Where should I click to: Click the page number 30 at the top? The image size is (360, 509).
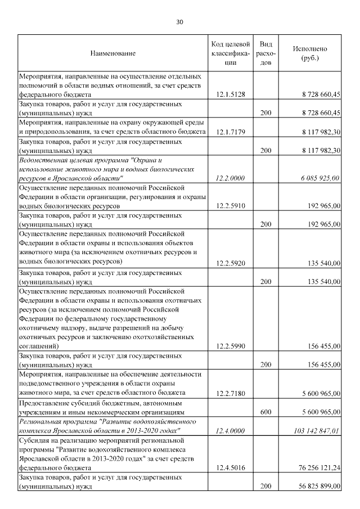tap(179, 22)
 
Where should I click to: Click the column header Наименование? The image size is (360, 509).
tap(112, 53)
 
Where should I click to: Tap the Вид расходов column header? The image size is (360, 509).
tap(267, 53)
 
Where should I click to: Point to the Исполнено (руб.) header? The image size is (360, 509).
tap(310, 53)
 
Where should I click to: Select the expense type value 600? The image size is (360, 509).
tap(267, 412)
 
